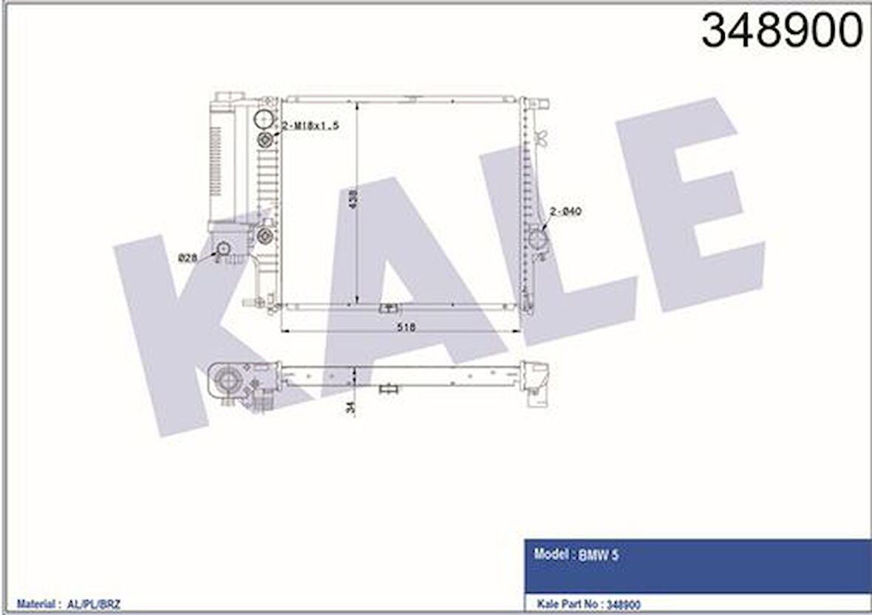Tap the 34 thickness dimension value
(x=352, y=407)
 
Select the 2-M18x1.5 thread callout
(x=310, y=126)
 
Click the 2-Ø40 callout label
(x=567, y=211)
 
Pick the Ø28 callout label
(x=188, y=258)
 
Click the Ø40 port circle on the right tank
(x=537, y=239)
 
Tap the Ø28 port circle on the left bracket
(x=222, y=248)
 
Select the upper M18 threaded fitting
(x=265, y=140)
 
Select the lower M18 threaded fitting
(x=265, y=236)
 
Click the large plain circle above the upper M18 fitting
(x=263, y=118)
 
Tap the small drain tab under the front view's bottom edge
(x=388, y=308)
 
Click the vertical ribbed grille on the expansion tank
(x=215, y=160)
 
